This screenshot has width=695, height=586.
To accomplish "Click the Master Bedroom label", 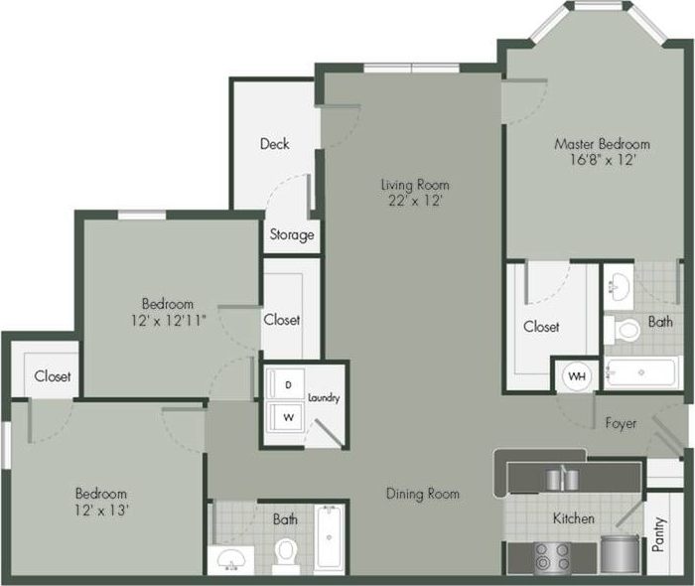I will [x=602, y=143].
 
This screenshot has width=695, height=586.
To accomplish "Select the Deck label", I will [x=275, y=144].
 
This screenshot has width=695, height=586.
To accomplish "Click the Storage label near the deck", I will [x=292, y=235].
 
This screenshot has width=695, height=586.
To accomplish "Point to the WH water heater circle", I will [x=576, y=376].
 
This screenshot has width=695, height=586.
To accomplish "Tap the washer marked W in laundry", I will [x=288, y=417].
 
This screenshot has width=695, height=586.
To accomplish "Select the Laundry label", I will [x=325, y=398].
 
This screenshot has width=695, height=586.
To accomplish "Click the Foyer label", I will [x=622, y=423].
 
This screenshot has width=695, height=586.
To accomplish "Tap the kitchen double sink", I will [x=562, y=479].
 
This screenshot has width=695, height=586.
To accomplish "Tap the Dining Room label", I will [x=423, y=494].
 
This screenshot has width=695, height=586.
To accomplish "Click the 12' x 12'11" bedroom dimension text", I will [x=167, y=321].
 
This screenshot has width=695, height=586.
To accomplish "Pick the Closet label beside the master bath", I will [x=541, y=326].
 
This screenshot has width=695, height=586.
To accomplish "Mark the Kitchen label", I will [x=574, y=517].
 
